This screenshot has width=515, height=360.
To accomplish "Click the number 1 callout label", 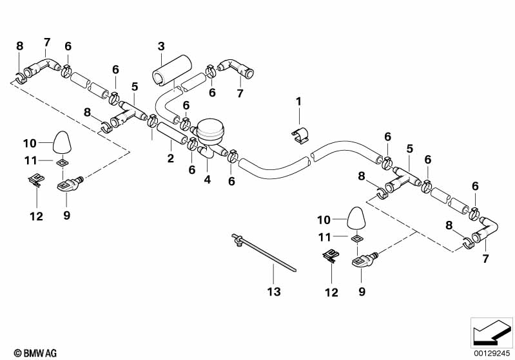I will tap(298, 101).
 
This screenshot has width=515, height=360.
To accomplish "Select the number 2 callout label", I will tap(171, 158).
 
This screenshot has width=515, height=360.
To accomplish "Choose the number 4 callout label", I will tap(208, 179).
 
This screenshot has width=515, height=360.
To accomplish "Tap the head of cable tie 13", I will tap(237, 241).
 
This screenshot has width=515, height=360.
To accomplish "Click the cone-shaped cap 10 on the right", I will tap(357, 218).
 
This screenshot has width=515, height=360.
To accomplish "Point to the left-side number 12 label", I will tap(36, 216).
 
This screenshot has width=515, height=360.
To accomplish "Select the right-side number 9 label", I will tap(362, 291).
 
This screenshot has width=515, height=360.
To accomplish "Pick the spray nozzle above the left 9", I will tap(67, 184).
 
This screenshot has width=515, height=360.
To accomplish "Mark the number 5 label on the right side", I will tap(410, 148).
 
